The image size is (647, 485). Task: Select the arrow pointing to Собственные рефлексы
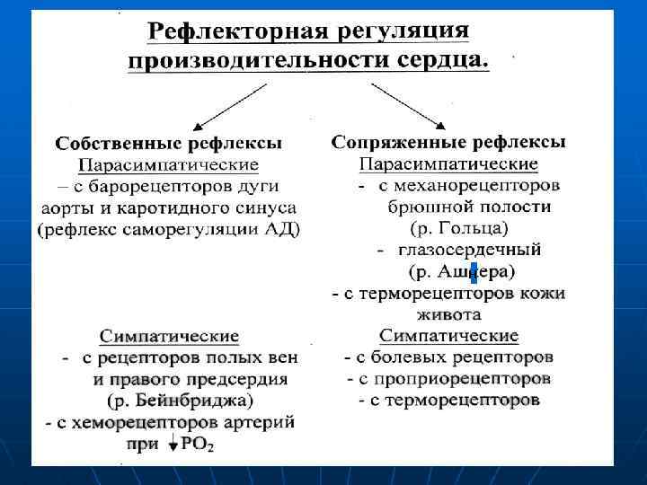coord(229,105)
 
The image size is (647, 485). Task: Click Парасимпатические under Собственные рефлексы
coord(168,165)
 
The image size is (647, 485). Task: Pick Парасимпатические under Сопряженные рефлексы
coord(449,164)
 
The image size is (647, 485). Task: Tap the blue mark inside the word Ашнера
coord(474,271)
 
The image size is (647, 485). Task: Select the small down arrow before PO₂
coord(172,443)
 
